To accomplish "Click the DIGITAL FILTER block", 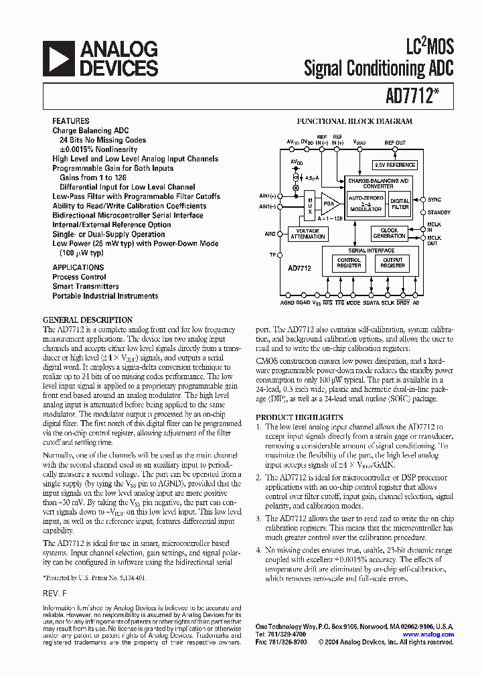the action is tap(400, 204).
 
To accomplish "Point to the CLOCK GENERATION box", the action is tap(389, 234).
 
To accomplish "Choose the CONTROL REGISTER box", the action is tap(349, 263).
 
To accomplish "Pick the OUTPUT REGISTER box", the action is tap(392, 263).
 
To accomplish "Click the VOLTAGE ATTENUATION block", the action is tap(308, 234).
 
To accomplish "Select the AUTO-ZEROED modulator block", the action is tap(366, 204).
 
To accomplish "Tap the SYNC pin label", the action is tap(434, 200).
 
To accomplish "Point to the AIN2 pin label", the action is tap(270, 234).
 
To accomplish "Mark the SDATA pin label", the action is tap(371, 303).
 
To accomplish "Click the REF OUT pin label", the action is tap(395, 143).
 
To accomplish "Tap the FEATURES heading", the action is tap(70, 121).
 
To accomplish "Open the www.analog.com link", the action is tap(428, 634).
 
